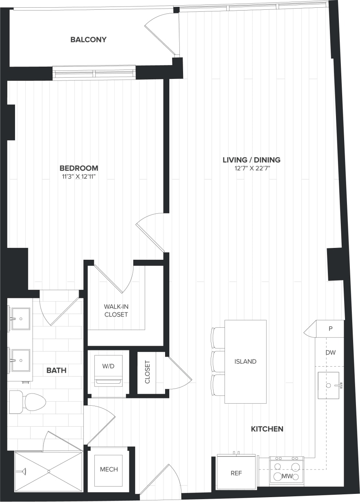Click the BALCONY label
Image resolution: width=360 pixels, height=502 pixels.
pos(88,39)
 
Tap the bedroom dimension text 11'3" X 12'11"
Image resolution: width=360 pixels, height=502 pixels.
pos(79,176)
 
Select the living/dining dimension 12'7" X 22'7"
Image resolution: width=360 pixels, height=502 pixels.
pos(251,168)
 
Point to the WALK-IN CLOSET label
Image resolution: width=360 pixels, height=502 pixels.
pos(116,310)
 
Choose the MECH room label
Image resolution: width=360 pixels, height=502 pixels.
pos(109,469)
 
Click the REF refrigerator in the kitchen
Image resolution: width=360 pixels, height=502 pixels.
pos(236,474)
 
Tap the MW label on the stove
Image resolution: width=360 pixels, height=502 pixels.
pos(287,476)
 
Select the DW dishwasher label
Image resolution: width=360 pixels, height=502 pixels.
pos(330,353)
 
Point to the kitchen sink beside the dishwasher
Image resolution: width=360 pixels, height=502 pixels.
pos(328,385)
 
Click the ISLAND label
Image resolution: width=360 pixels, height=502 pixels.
pos(245,361)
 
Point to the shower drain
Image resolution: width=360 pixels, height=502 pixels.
pos(48,471)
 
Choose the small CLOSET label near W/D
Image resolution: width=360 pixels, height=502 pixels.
pos(147,372)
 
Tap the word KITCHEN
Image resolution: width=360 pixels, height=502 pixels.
pos(267,429)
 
